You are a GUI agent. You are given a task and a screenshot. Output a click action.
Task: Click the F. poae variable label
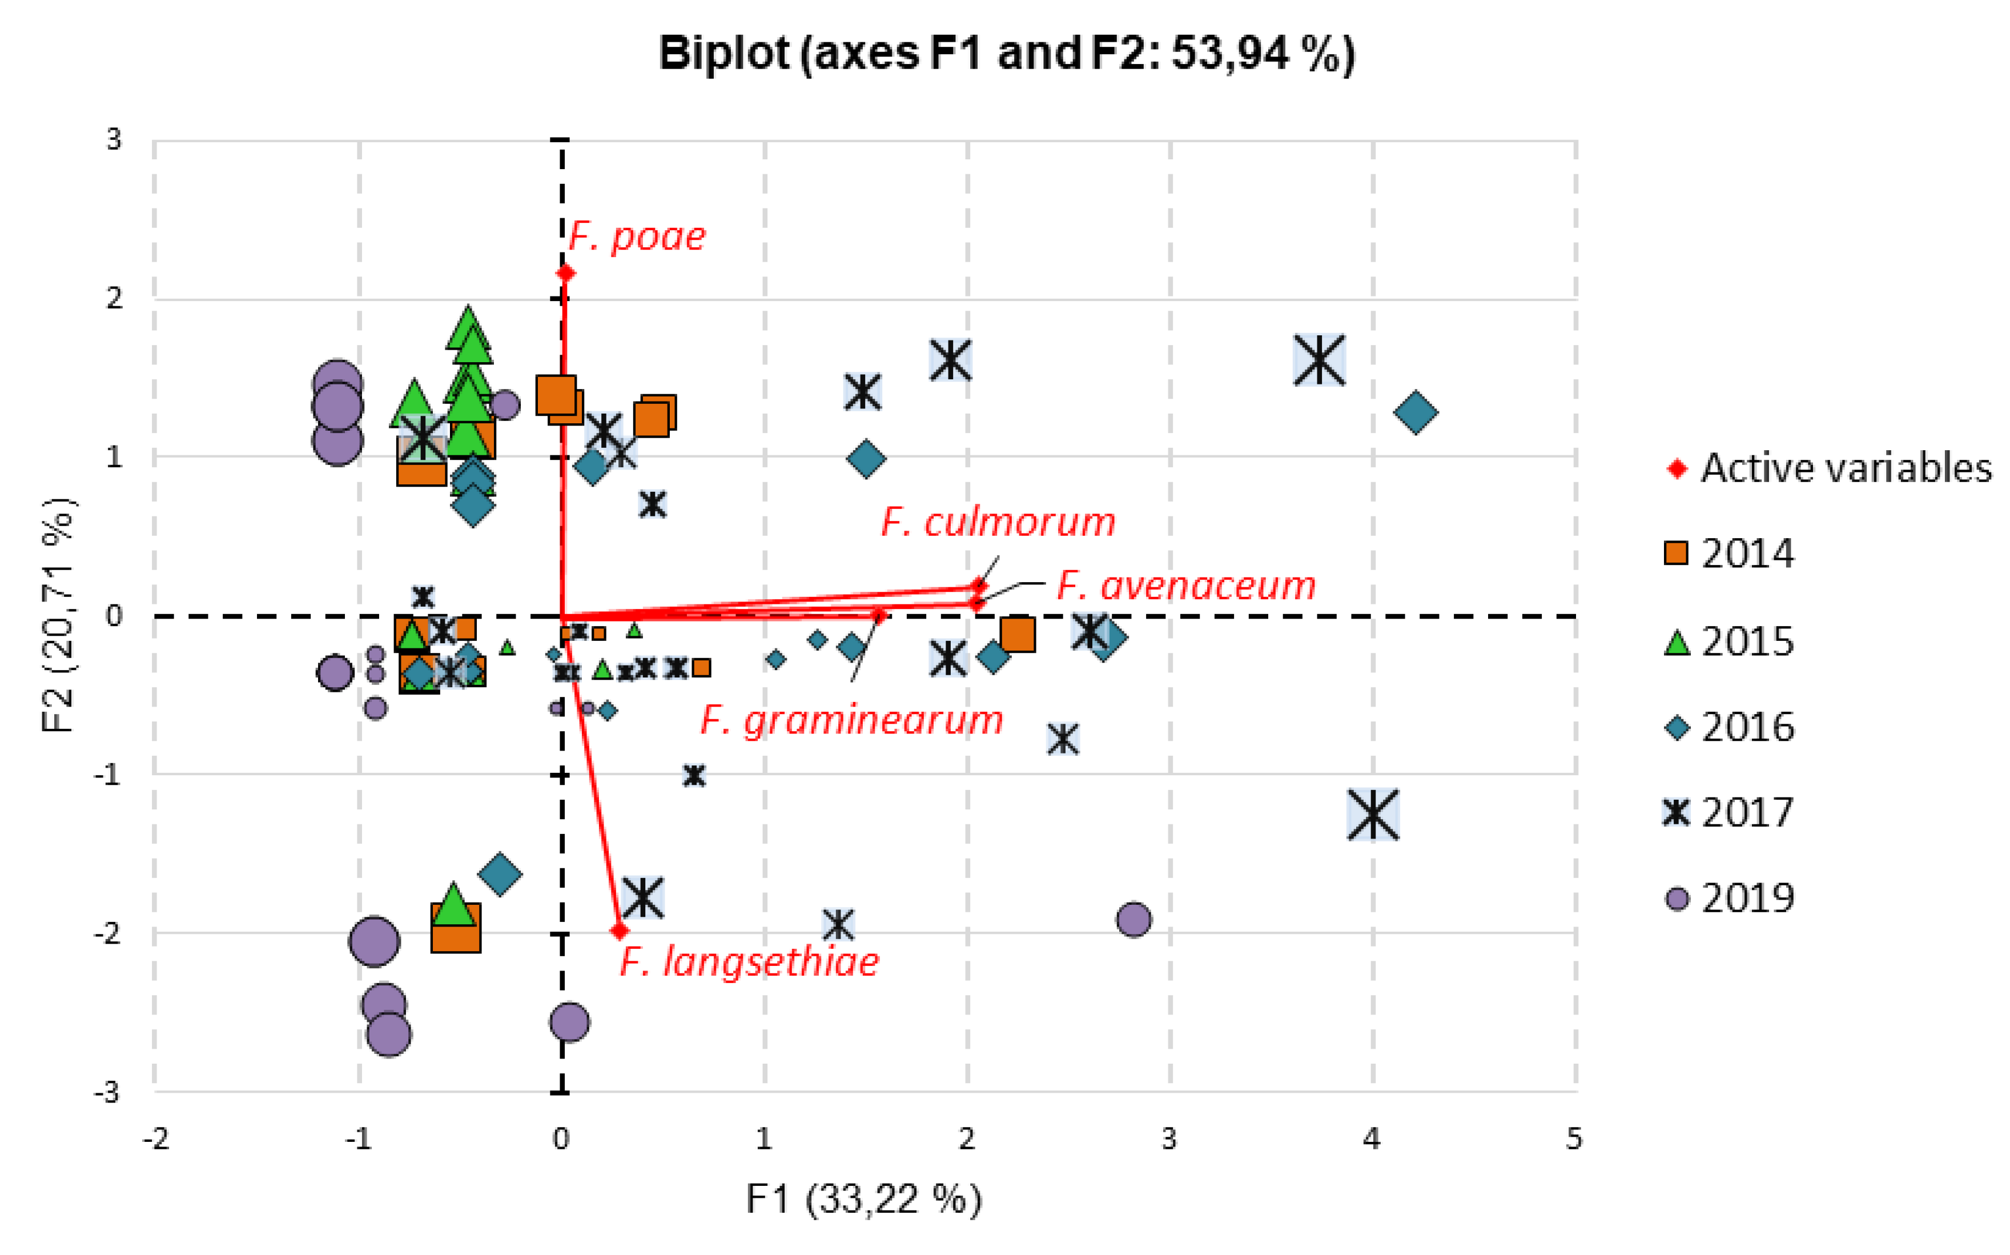[637, 238]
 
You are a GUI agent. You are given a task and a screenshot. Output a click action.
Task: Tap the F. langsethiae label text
[749, 962]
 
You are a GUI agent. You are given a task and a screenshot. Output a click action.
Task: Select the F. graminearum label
[851, 720]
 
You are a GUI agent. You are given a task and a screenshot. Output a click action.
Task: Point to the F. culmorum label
[998, 522]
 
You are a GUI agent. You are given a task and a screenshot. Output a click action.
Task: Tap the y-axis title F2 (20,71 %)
[58, 615]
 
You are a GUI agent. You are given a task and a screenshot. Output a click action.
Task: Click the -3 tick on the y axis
[108, 1092]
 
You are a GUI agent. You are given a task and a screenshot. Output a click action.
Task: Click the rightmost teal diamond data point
[1415, 412]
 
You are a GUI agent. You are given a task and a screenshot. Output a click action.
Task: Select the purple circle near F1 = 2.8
[1133, 919]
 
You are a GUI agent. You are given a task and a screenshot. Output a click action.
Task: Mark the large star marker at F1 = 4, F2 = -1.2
[1372, 814]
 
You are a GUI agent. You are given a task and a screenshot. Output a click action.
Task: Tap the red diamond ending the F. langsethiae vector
[619, 931]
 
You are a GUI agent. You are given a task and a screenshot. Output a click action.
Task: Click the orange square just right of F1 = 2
[1017, 634]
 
